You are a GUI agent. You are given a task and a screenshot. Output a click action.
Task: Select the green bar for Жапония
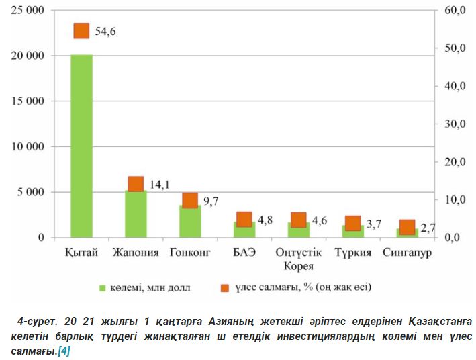136,214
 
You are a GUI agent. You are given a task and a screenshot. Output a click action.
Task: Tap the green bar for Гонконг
190,222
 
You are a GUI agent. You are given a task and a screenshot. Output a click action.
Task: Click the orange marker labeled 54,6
81,30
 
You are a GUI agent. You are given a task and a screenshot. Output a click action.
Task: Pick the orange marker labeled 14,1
136,184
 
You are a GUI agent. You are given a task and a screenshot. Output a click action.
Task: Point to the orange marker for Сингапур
407,227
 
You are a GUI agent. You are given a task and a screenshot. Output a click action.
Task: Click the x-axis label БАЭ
244,253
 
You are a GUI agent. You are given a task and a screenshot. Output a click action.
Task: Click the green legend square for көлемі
103,288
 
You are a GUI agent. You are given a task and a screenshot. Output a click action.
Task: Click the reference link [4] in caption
64,350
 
